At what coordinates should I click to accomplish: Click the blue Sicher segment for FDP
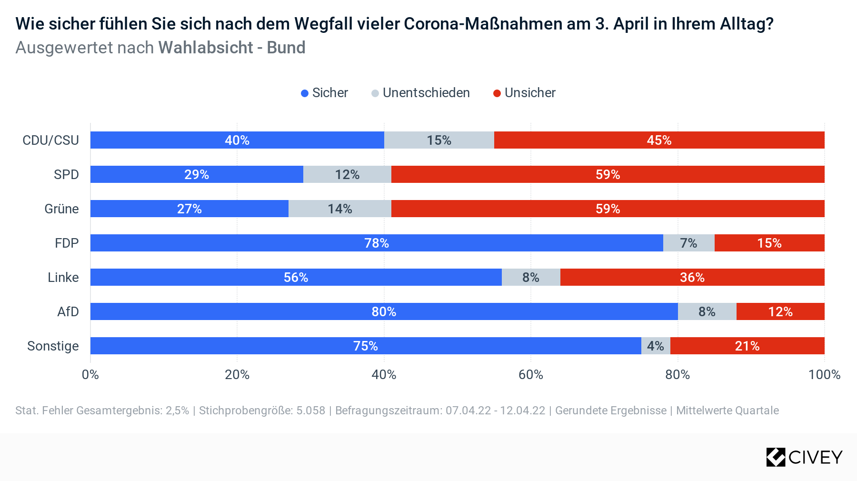(377, 243)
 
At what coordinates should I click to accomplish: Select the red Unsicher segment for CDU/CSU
(659, 140)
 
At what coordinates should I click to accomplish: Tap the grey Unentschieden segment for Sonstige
(656, 346)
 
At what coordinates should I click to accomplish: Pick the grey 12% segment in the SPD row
(347, 174)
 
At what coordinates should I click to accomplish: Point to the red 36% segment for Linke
(692, 277)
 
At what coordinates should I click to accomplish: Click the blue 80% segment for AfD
(384, 311)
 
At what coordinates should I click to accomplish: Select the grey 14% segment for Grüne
(340, 209)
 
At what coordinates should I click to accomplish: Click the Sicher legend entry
(324, 93)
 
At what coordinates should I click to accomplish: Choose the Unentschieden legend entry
(420, 93)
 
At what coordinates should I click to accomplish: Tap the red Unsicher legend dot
(497, 93)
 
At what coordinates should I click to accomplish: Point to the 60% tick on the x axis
(531, 374)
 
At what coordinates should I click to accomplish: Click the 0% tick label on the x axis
(90, 374)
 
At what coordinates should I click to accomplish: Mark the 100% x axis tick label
(825, 374)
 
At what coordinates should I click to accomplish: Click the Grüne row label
(61, 209)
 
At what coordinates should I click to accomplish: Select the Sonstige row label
(53, 346)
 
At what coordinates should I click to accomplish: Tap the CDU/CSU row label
(51, 140)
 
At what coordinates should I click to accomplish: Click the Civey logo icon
(776, 457)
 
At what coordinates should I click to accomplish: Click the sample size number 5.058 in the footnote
(311, 411)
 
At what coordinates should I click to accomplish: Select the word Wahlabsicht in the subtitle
(206, 48)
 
